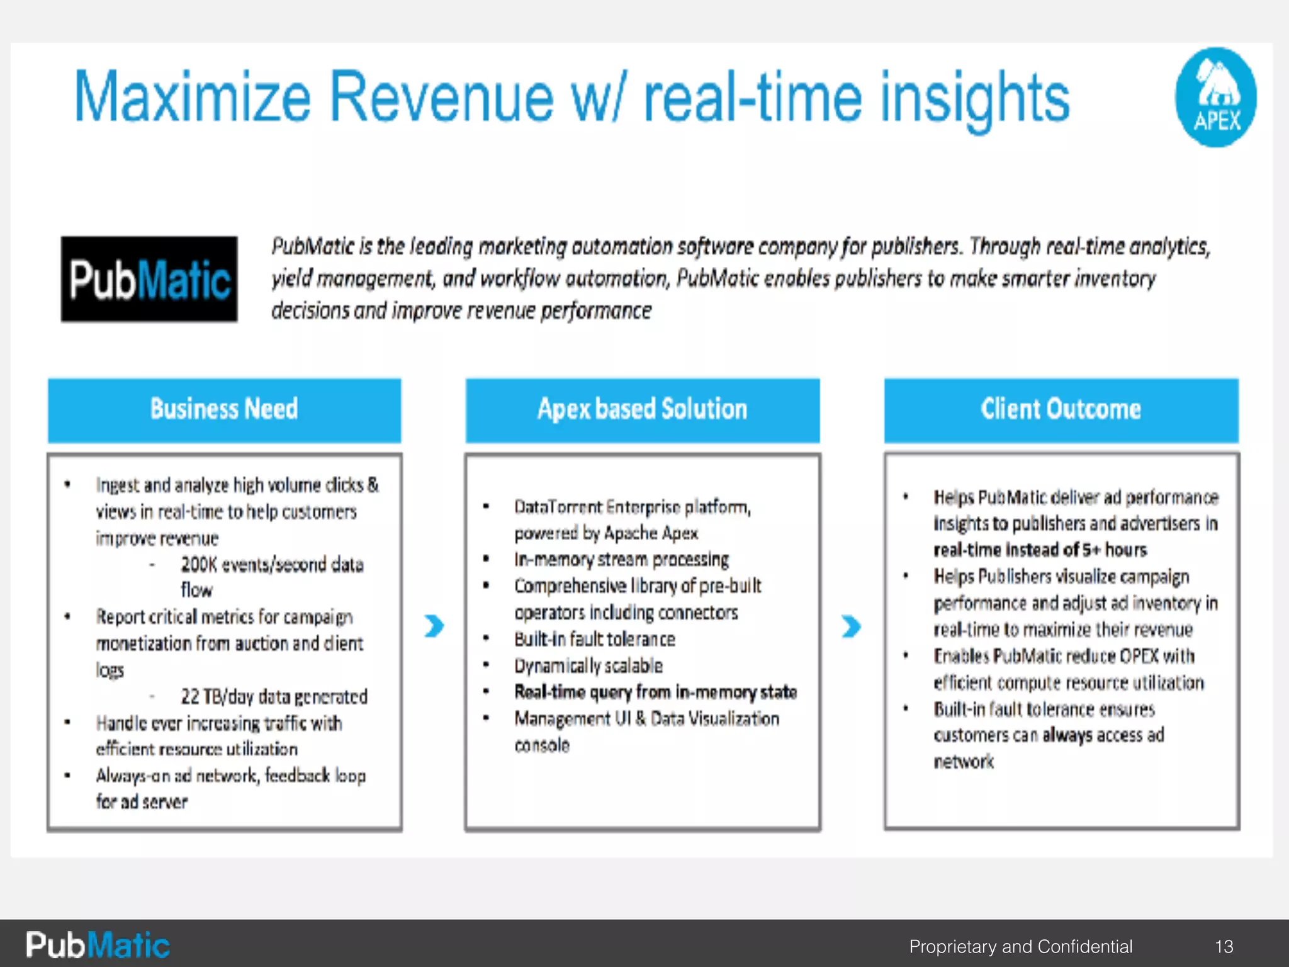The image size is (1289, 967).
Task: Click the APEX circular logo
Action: [1215, 98]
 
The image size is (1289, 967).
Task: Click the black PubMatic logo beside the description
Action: [149, 280]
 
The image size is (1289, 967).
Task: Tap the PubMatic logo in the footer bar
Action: [98, 945]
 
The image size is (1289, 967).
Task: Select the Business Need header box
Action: [224, 410]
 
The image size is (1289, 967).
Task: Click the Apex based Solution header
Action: [642, 410]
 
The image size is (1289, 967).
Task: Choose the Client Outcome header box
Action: [1061, 410]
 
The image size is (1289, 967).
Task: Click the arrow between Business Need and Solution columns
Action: [434, 626]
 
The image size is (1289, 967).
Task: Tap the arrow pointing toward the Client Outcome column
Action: [851, 626]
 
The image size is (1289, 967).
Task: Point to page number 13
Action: [1224, 946]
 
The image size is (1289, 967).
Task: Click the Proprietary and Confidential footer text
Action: [1020, 946]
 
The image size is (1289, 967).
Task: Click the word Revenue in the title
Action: [441, 98]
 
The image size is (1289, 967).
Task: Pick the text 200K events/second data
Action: [272, 565]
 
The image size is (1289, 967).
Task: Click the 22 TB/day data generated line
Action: [274, 697]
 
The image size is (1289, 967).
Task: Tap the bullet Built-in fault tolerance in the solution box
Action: [594, 640]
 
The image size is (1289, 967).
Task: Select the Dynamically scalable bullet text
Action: [588, 666]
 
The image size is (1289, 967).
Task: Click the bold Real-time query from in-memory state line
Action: [655, 693]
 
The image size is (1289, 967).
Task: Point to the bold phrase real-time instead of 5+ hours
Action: [1040, 550]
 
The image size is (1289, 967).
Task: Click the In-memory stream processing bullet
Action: [621, 560]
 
